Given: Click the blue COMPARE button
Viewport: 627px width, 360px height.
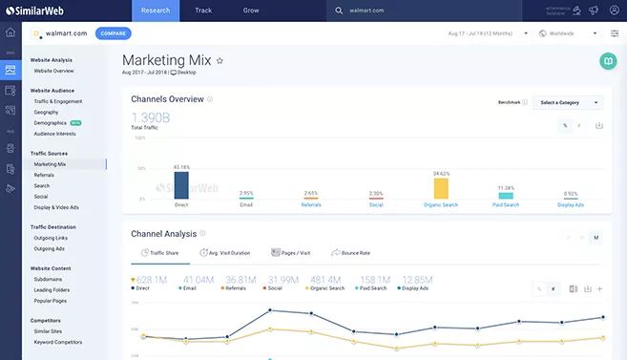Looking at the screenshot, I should point(113,33).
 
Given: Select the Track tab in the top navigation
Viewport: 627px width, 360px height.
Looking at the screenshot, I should point(203,11).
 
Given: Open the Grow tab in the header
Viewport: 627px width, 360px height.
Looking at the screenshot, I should point(250,11).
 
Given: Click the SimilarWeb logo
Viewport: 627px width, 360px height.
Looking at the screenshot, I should point(37,11).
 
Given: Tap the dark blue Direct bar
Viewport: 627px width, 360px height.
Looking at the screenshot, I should point(181,184).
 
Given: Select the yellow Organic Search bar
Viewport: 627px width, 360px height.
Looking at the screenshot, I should point(441,187).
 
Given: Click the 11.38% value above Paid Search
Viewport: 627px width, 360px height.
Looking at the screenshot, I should point(505,188).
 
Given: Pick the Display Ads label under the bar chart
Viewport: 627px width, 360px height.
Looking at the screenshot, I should point(570,204).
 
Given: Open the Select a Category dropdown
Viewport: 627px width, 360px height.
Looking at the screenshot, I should point(568,102).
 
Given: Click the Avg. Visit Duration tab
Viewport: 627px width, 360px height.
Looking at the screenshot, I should point(225,253).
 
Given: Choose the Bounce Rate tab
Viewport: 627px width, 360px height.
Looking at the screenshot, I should point(350,253).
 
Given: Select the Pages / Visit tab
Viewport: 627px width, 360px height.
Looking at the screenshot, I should point(291,253).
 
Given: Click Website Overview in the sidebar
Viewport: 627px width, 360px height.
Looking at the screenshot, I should point(53,71).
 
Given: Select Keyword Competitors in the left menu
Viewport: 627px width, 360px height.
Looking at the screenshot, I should point(57,342).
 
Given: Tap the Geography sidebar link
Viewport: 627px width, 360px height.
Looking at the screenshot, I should point(47,112).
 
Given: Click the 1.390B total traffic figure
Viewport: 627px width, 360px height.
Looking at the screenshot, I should point(151,117).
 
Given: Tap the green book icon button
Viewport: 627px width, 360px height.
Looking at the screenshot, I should point(607,60).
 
